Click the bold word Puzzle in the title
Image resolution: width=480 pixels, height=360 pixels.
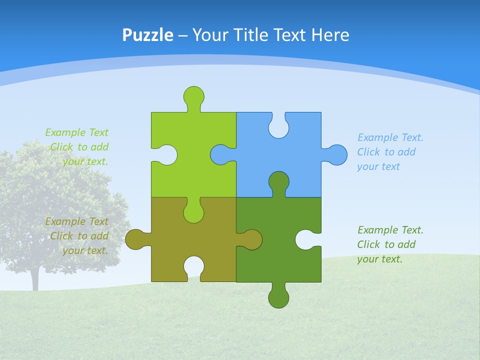[148, 35]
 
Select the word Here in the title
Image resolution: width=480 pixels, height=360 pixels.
[330, 35]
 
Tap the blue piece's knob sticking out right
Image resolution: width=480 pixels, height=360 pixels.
[337, 154]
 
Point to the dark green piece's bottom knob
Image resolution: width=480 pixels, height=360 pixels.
[278, 298]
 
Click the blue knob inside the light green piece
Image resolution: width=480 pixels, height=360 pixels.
[220, 154]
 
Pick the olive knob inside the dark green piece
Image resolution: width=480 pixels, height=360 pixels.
[252, 239]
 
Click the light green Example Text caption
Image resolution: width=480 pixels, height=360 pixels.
[80, 147]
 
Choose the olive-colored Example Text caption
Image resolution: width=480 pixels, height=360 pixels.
[80, 236]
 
